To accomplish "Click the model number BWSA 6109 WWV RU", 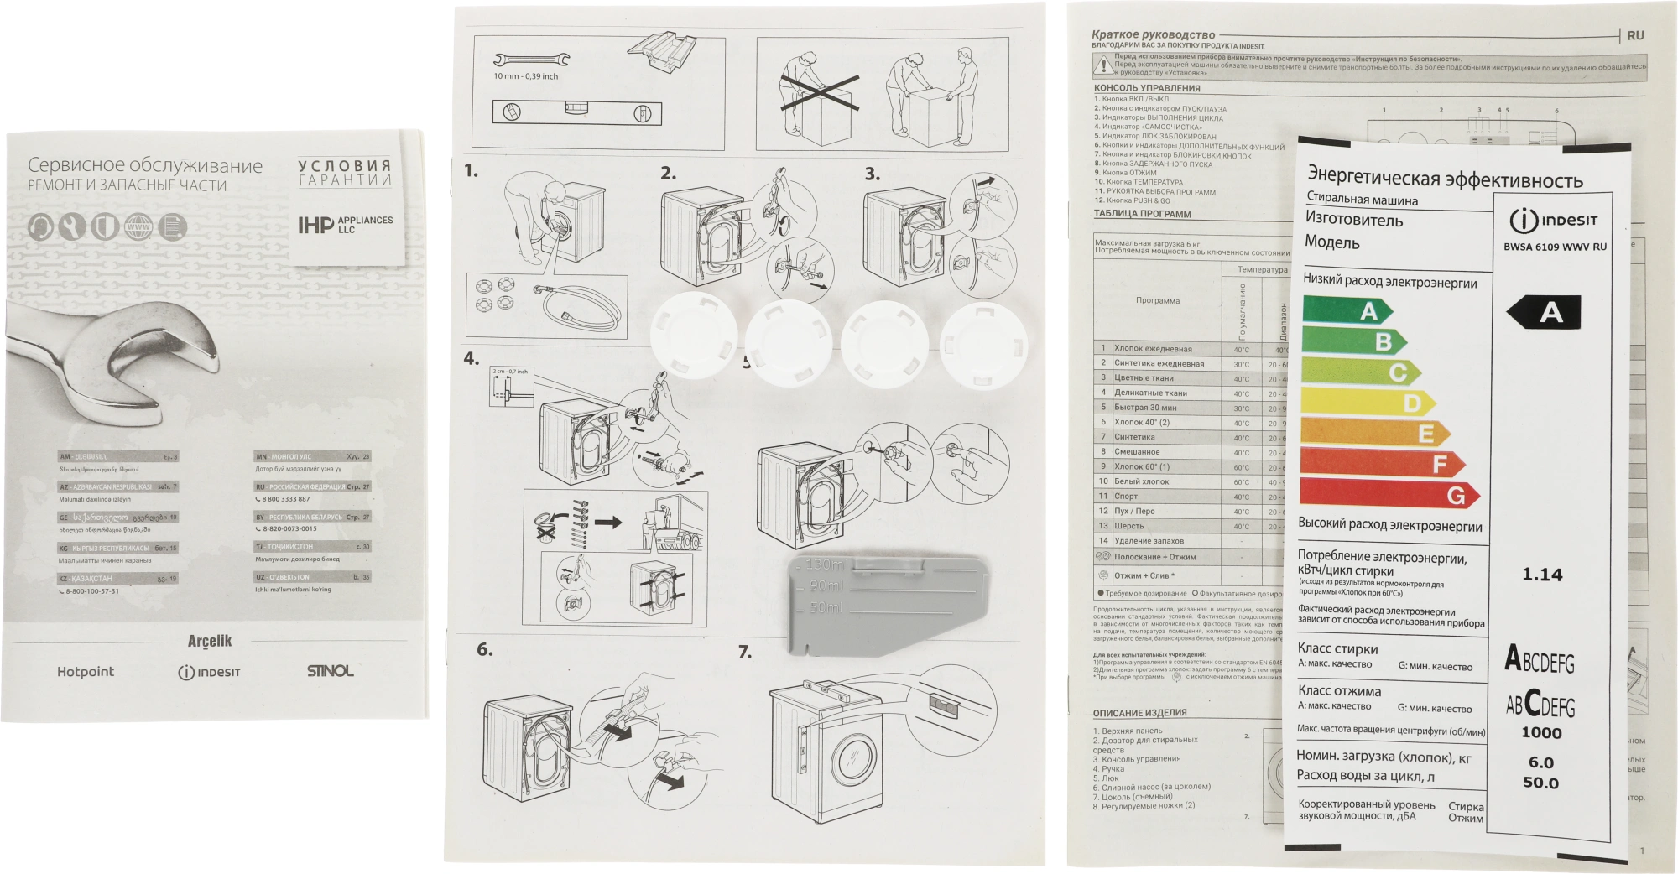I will click(1555, 247).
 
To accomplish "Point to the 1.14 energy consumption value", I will click(1542, 575).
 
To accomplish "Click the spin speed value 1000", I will click(1541, 732).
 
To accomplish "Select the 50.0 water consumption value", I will click(1540, 783).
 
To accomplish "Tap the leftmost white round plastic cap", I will click(694, 338).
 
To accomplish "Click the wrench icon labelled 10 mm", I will click(530, 60).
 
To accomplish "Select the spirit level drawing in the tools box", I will click(576, 112).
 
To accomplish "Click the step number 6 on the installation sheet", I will click(484, 649).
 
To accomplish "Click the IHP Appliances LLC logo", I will click(345, 224).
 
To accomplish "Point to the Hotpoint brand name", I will click(86, 672).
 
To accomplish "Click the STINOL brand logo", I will click(330, 671).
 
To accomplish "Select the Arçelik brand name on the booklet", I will click(209, 642).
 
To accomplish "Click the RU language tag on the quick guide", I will click(1635, 36).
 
